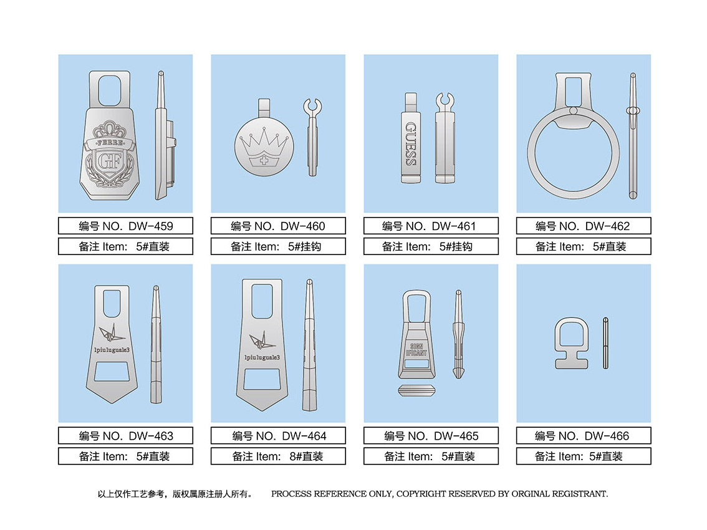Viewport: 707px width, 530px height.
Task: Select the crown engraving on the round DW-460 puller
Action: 264,147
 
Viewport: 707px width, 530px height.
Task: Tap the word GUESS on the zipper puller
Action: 411,143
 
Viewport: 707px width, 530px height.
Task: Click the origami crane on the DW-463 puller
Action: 112,334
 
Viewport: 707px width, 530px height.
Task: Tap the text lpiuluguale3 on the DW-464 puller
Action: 262,358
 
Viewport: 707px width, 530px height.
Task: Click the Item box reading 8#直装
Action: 278,456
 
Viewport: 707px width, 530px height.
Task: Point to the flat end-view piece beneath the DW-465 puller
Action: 416,390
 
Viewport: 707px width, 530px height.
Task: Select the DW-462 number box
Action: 584,226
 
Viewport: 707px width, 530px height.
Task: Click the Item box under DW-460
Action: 278,246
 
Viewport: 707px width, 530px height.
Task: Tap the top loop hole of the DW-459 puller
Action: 110,90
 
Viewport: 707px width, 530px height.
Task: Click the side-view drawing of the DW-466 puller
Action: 605,344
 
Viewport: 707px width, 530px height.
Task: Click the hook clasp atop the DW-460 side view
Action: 312,107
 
